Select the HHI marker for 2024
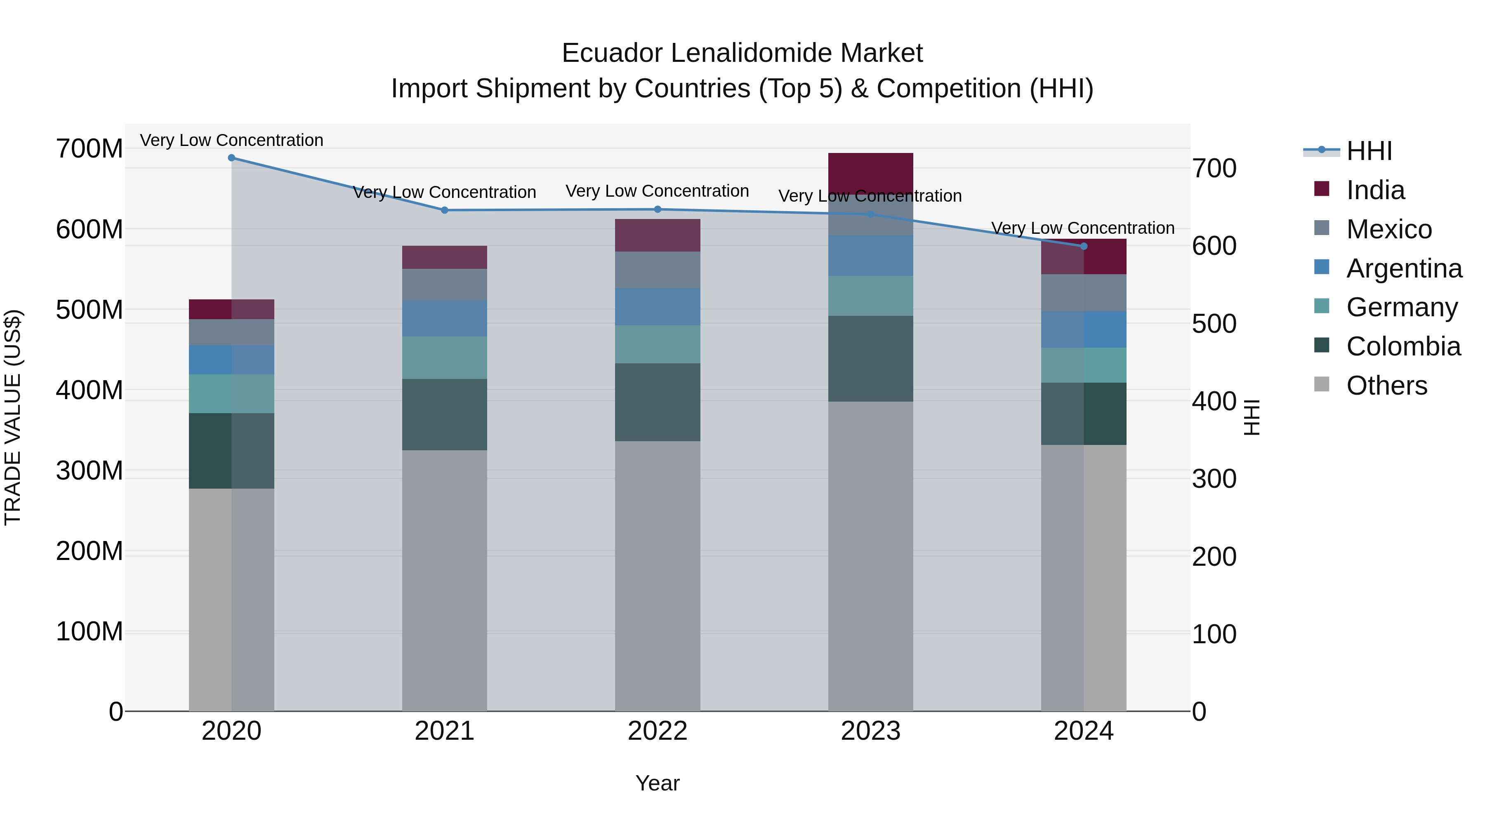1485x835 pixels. pos(1083,246)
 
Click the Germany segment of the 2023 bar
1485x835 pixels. pos(870,296)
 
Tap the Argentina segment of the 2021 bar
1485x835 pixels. pos(444,318)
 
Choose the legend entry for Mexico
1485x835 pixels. pos(1389,229)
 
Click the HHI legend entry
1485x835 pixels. pos(1369,151)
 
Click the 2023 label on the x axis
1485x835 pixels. pos(870,731)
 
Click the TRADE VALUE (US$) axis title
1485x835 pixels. pos(13,417)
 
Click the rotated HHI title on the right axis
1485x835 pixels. pos(1252,417)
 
